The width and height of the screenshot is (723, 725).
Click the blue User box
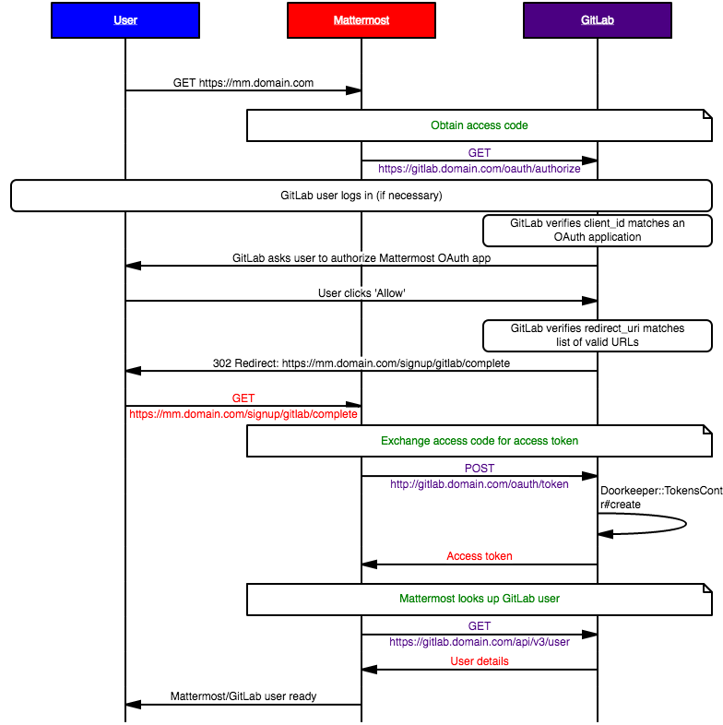coord(125,20)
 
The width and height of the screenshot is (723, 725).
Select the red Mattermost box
coord(361,20)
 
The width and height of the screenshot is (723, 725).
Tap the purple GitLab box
coord(597,20)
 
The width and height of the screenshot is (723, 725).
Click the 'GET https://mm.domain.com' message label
coord(243,83)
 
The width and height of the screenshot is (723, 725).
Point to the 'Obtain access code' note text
coord(480,125)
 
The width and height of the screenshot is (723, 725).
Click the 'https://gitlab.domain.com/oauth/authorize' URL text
coord(480,169)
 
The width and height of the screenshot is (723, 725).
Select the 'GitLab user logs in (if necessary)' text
coord(361,196)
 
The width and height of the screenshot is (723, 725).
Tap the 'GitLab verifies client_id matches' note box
coord(598,231)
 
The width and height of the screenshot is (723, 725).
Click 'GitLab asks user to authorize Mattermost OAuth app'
coord(361,258)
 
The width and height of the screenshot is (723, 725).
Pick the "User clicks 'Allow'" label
coord(361,293)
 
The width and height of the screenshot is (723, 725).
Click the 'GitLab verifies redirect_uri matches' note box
coord(598,336)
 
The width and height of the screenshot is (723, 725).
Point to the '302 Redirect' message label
coord(361,363)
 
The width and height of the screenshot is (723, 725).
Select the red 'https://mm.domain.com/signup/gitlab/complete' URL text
coord(243,414)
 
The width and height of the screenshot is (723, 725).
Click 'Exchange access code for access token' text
coord(480,441)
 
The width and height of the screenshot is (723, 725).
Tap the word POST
coord(480,469)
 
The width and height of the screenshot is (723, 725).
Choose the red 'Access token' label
coord(480,556)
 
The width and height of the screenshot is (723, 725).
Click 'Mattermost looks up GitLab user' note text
coord(480,599)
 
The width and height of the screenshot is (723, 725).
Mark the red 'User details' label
coord(480,661)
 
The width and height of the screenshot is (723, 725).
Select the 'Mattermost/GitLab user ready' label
coord(243,696)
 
